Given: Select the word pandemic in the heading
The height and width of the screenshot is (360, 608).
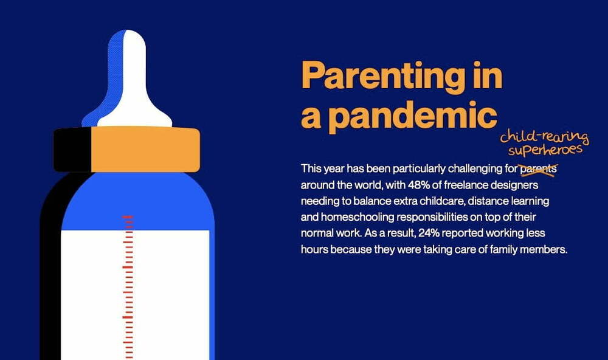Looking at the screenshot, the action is [x=413, y=116].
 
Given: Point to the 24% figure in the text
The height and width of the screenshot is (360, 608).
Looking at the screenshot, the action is [x=429, y=233].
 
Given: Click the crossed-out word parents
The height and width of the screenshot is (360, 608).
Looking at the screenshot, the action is [x=538, y=169].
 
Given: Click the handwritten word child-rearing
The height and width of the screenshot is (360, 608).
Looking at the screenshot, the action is [x=544, y=137].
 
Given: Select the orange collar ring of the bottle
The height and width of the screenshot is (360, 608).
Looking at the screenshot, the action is [x=145, y=149].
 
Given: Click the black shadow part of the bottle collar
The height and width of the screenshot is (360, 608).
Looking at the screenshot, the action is [x=72, y=150].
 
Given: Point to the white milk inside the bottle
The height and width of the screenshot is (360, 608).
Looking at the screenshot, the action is [x=135, y=295].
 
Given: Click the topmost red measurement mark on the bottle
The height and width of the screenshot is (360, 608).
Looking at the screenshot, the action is [x=128, y=217].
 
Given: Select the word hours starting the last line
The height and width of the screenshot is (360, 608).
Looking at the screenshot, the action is [x=314, y=249].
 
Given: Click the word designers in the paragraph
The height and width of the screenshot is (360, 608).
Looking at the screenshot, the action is [x=514, y=185].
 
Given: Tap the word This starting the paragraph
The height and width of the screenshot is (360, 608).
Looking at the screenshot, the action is [x=311, y=169].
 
